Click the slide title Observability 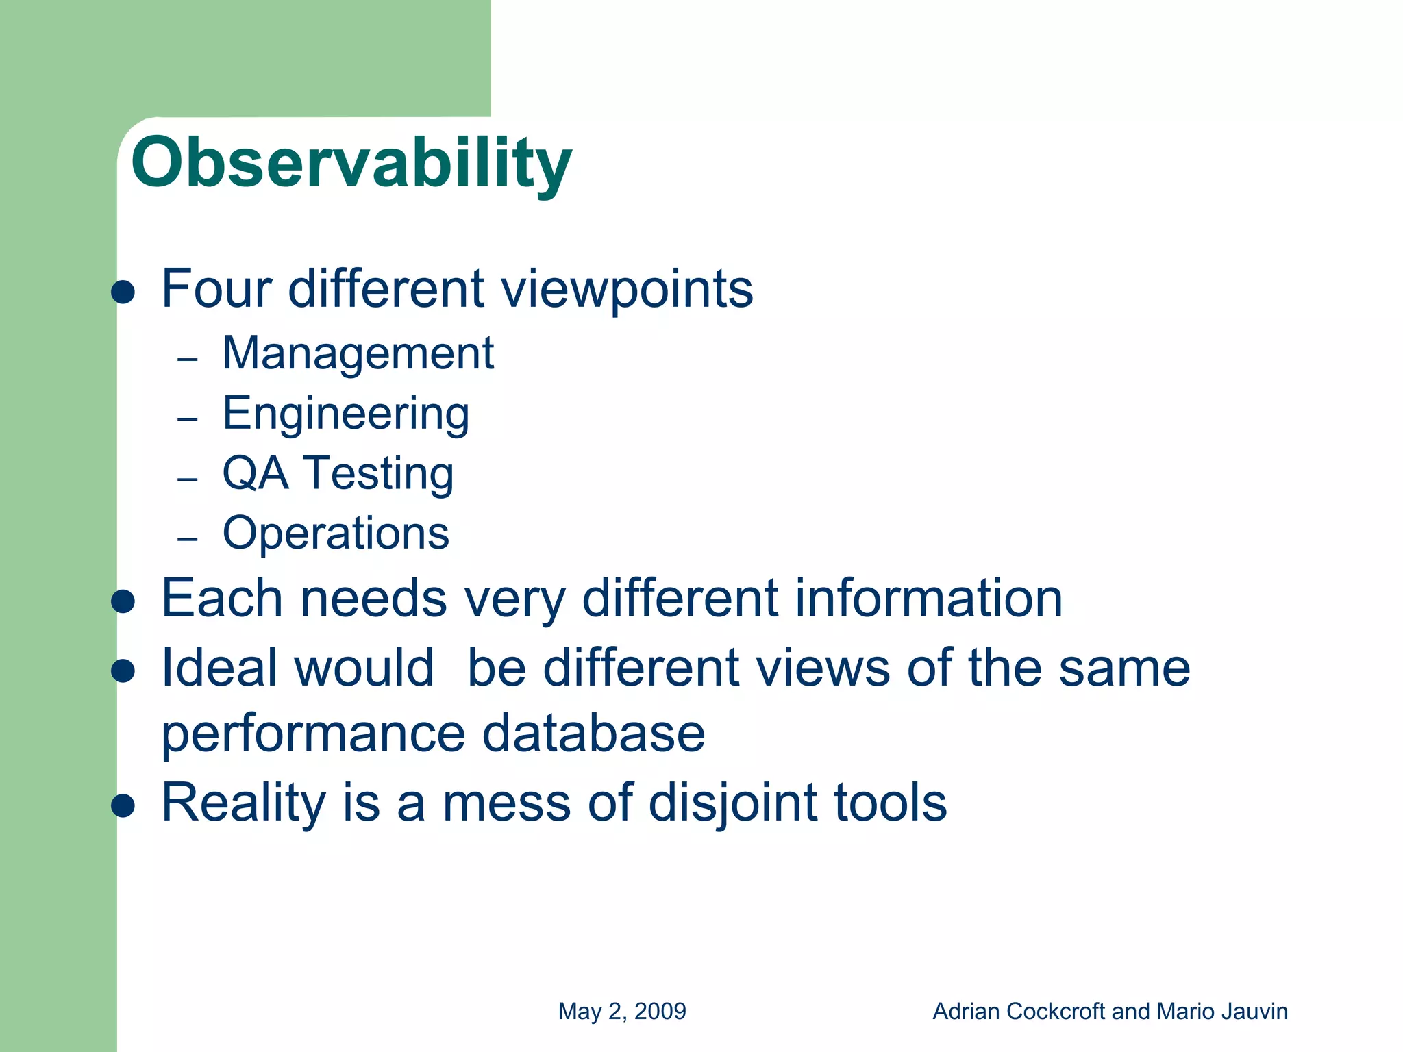pos(351,163)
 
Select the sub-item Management pos(358,353)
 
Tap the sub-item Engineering pos(346,414)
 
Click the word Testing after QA pos(378,474)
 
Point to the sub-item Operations pos(336,533)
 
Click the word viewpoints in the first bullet pos(627,289)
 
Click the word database pos(593,734)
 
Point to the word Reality pos(243,803)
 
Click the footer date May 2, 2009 pos(622,1012)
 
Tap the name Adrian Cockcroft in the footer pos(1019,1012)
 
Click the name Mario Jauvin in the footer pos(1222,1012)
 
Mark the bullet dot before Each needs pos(123,602)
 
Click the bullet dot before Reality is pos(123,806)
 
